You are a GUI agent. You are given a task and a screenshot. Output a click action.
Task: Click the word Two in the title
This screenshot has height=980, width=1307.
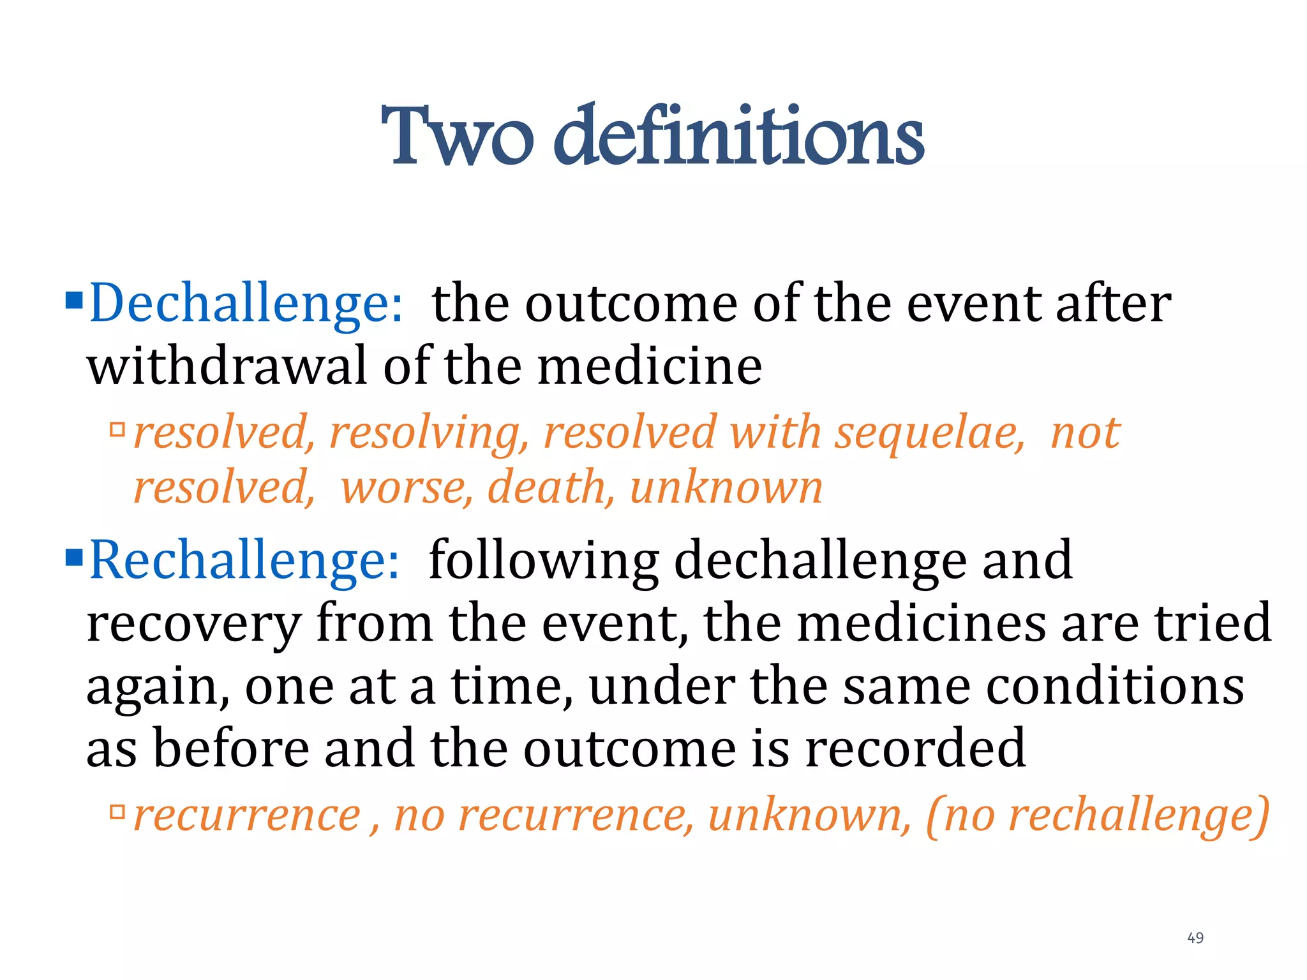456,137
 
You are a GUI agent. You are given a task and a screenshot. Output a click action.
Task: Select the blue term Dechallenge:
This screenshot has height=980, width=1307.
246,304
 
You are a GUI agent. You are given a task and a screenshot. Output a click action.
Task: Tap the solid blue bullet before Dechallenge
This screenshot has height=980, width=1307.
74,299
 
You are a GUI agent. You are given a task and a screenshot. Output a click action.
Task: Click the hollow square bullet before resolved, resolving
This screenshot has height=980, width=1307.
117,429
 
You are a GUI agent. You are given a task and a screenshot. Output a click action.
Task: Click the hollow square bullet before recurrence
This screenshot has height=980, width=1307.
117,812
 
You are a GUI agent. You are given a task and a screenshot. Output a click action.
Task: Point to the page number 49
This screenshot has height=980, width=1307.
1195,938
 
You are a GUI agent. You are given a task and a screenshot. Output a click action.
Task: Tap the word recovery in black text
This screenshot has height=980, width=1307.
193,625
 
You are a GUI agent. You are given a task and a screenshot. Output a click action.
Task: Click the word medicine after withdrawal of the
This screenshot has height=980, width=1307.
649,367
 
